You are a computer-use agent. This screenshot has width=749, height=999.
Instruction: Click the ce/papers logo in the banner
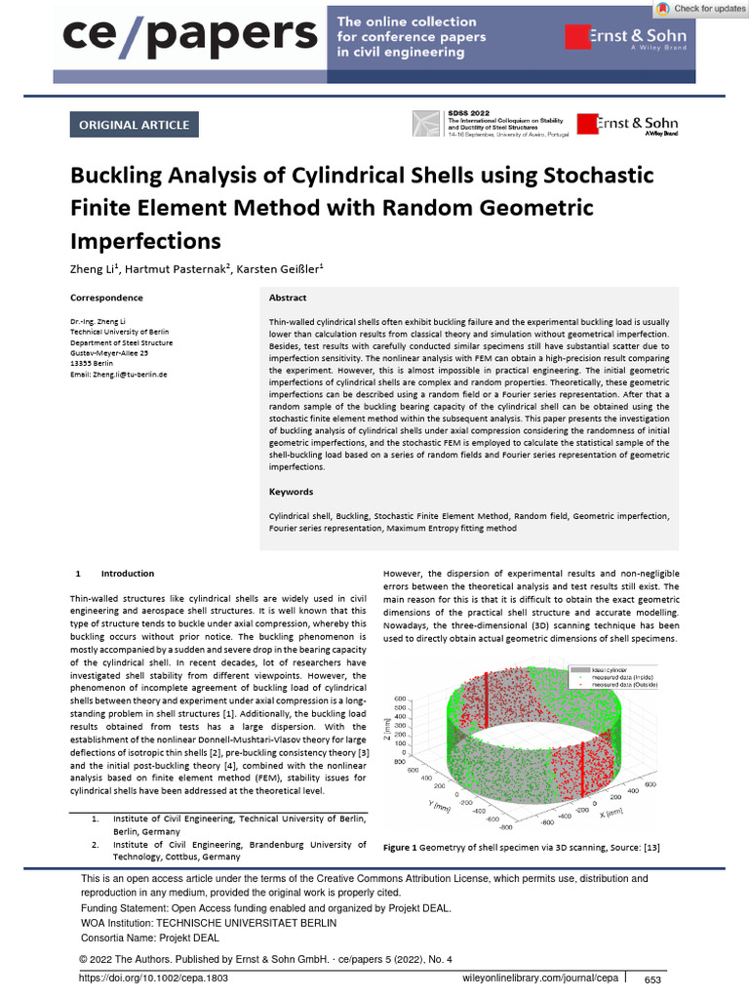point(190,36)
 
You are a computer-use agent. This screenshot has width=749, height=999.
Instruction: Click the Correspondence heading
point(106,298)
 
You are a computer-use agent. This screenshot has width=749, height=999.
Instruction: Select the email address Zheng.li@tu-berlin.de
point(119,375)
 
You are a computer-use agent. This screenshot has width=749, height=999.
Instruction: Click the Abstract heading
point(288,298)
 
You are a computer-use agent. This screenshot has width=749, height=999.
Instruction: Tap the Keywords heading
point(291,492)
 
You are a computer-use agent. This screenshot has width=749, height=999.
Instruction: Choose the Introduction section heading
point(127,574)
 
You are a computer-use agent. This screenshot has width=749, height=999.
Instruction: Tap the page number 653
point(652,979)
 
